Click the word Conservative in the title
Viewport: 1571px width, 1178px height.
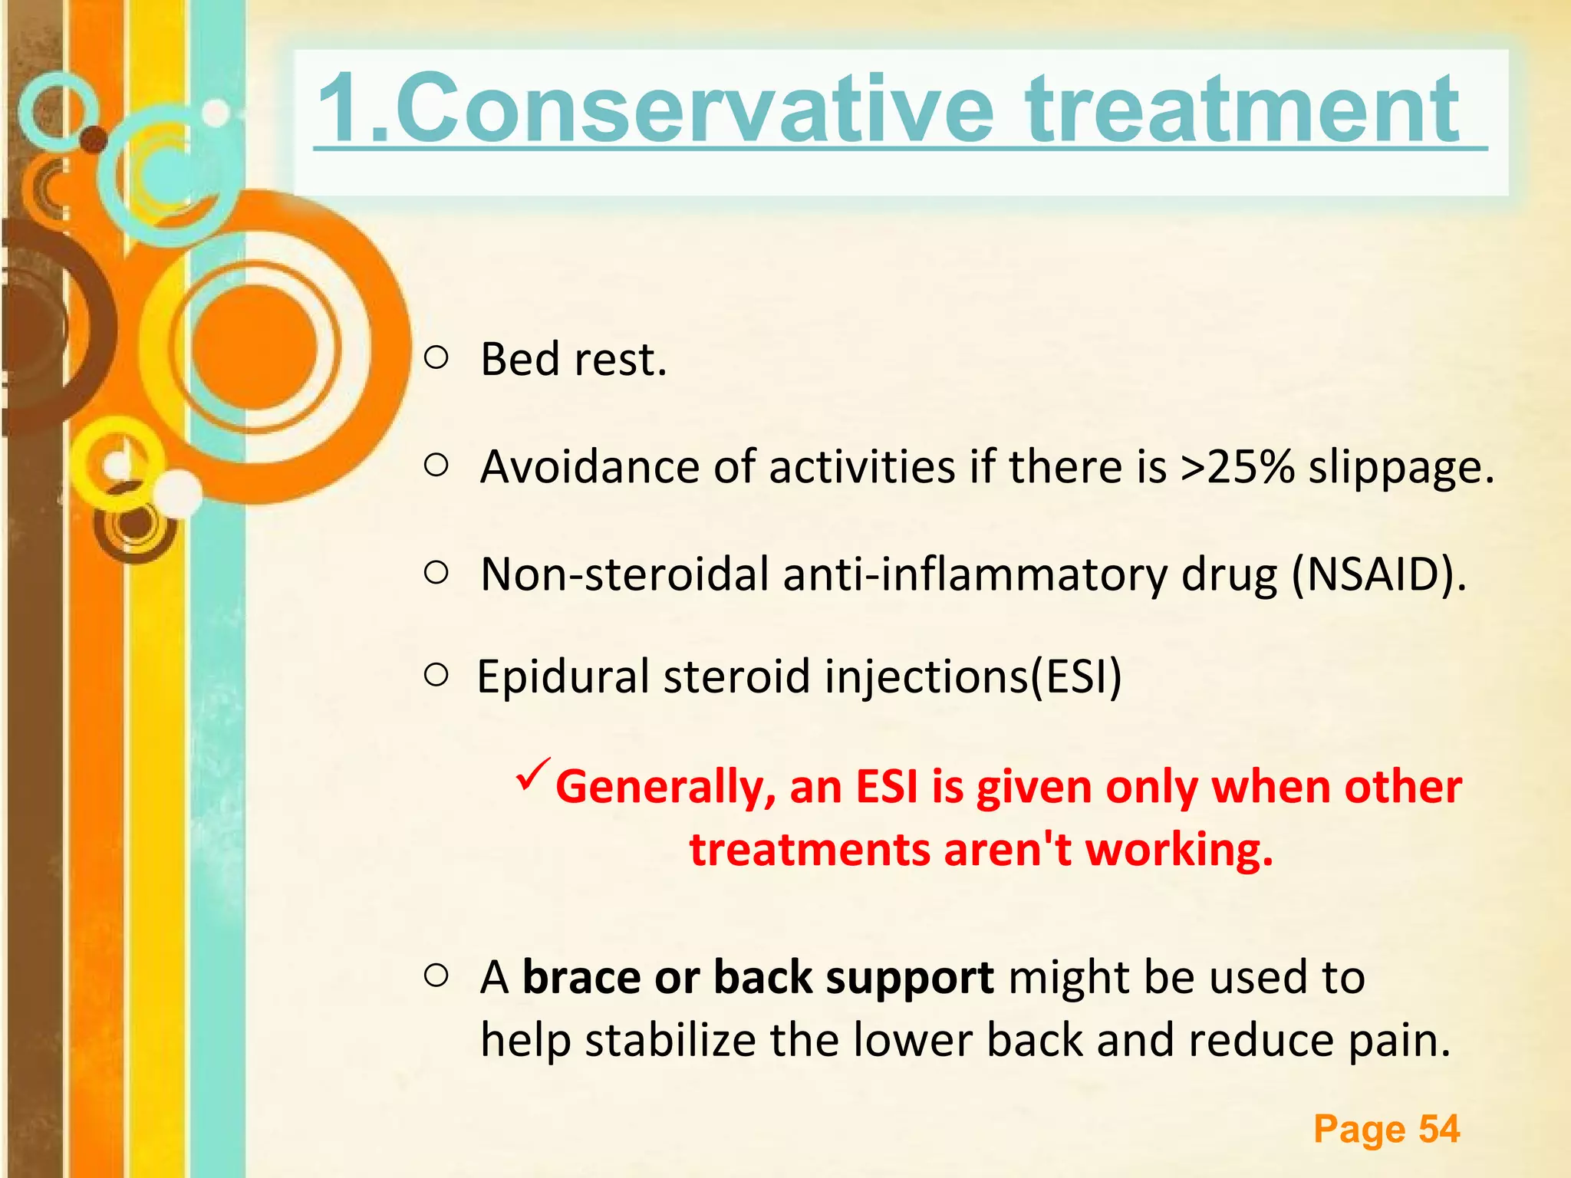694,109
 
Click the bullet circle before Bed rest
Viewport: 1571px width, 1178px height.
436,357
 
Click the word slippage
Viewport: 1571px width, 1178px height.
1401,468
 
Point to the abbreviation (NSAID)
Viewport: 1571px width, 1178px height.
1378,574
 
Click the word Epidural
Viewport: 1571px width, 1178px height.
566,677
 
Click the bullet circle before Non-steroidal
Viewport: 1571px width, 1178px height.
436,572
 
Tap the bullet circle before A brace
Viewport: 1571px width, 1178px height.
436,976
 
